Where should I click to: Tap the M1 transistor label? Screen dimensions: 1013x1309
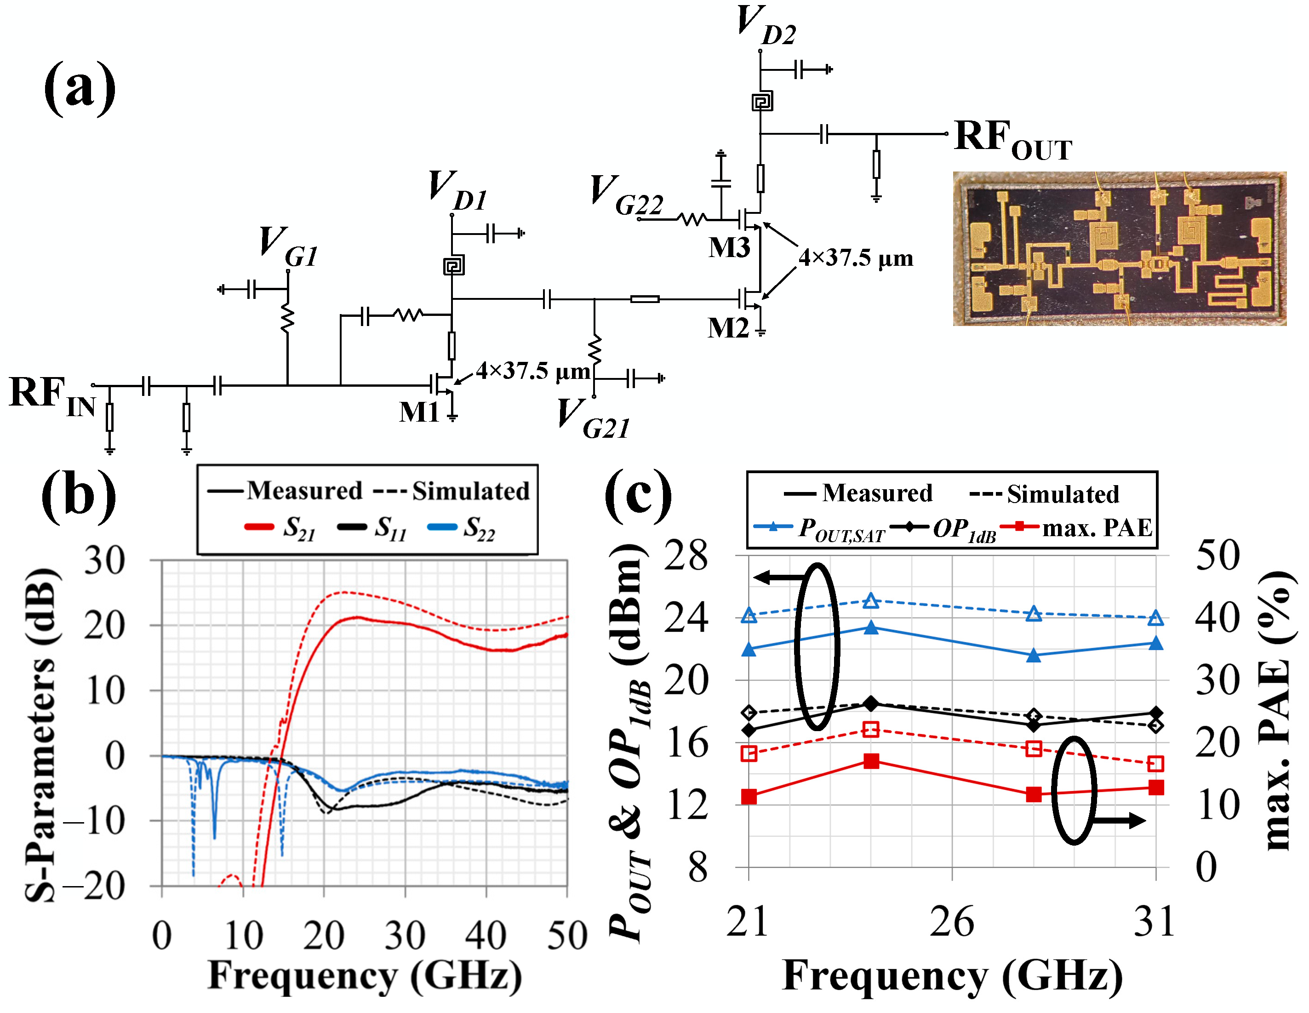pos(419,412)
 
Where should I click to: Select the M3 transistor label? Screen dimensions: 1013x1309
pos(729,247)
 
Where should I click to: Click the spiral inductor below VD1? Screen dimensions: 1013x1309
pos(454,265)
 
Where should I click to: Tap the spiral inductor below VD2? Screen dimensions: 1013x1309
pos(762,101)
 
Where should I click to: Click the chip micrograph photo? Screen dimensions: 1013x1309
pos(1119,249)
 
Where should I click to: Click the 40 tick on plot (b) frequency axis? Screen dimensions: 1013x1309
pos(486,935)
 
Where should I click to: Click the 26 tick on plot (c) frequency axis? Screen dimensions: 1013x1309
pos(952,922)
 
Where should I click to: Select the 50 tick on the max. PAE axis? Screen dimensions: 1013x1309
pos(1217,555)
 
